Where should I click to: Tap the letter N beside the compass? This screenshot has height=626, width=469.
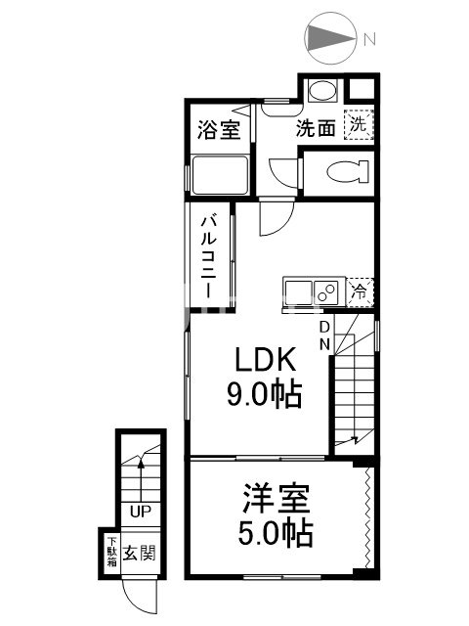click(369, 40)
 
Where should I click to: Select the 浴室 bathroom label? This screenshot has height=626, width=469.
click(218, 130)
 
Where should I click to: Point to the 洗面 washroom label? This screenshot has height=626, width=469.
click(316, 127)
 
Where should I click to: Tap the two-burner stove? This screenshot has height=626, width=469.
click(326, 290)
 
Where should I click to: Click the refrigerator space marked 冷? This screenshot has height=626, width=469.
click(360, 290)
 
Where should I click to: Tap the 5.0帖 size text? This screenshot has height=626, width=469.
click(277, 536)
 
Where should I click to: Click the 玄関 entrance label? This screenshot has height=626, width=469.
click(140, 553)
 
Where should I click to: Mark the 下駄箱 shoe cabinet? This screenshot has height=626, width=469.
click(112, 552)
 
